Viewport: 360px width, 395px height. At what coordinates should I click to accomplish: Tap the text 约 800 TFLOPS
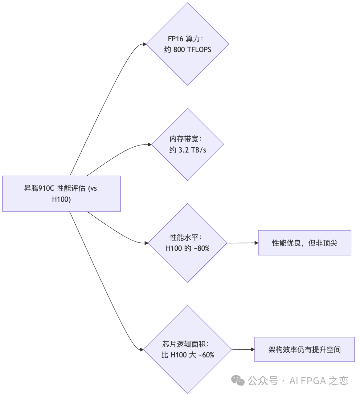pos(188,50)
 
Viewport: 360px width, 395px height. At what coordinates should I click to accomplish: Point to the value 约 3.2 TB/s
pos(188,150)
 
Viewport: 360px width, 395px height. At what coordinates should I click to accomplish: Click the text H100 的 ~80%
pos(188,248)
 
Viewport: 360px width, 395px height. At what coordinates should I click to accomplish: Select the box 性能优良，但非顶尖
pos(304,243)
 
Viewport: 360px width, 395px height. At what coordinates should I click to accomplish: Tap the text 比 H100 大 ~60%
pos(188,355)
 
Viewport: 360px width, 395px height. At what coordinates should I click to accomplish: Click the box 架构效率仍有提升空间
pos(304,349)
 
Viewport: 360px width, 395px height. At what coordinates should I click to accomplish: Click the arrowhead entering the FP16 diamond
pos(144,44)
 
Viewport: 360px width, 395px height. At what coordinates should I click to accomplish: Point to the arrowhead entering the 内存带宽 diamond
pos(149,144)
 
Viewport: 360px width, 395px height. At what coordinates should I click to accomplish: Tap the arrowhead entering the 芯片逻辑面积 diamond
pos(141,350)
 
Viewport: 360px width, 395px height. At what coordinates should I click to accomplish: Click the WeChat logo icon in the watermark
pos(238,380)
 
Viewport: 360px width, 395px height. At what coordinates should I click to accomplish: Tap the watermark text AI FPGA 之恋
pos(319,380)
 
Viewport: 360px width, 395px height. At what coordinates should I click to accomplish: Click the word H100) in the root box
pos(61,199)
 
